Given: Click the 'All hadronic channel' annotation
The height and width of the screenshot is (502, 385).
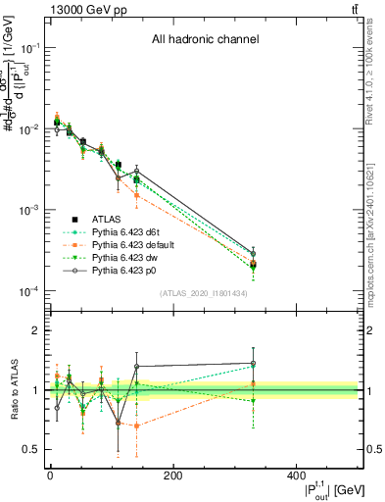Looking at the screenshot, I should click(x=205, y=40).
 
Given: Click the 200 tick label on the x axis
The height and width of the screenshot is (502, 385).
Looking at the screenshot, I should click(x=173, y=477).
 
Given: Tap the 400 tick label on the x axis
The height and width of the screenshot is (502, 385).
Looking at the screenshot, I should click(x=297, y=477).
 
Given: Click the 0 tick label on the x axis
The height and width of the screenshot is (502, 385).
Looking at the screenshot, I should click(x=50, y=477).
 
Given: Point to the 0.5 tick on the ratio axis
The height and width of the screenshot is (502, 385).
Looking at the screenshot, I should click(x=33, y=449).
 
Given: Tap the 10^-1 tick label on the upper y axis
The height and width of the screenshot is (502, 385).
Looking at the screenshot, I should click(x=29, y=47).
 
